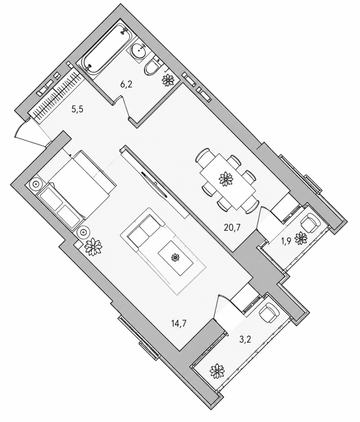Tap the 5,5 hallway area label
[x=78, y=110]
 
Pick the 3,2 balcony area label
[x=244, y=340]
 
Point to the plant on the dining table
[x=226, y=179]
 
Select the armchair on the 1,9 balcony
[x=310, y=222]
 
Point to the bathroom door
[x=124, y=106]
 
